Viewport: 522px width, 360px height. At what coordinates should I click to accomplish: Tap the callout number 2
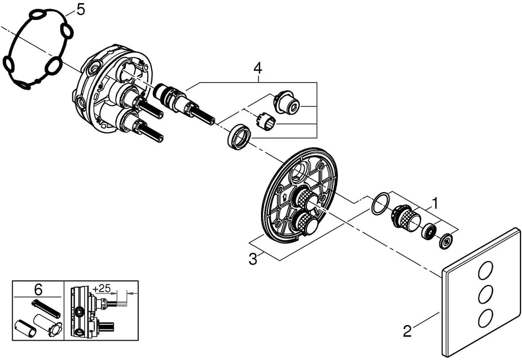click(406, 331)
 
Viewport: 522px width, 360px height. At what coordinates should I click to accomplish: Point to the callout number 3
click(252, 259)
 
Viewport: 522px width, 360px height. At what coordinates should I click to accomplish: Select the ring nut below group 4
click(239, 137)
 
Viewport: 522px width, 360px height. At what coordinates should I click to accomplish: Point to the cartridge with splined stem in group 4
click(184, 103)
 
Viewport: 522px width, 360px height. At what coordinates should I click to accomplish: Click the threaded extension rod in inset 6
click(46, 308)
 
